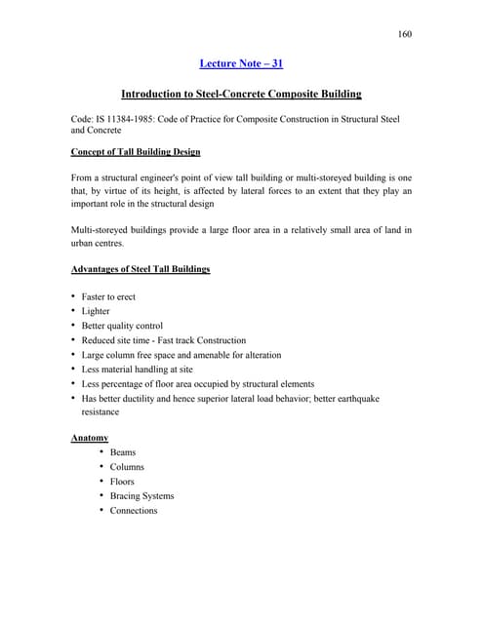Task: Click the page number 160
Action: coord(405,35)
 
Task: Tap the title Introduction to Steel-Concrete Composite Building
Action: coord(241,95)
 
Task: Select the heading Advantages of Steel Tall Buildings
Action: coord(141,268)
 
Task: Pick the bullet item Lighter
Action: coord(96,311)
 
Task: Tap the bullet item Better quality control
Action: coord(122,326)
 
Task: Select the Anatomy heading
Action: coord(90,438)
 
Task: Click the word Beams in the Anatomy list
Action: coord(123,452)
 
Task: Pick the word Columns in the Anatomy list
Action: coord(127,467)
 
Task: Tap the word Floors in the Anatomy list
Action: coord(122,482)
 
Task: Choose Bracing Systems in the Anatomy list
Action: coord(141,496)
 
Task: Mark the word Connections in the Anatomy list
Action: coord(134,511)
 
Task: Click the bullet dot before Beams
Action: coord(101,452)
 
